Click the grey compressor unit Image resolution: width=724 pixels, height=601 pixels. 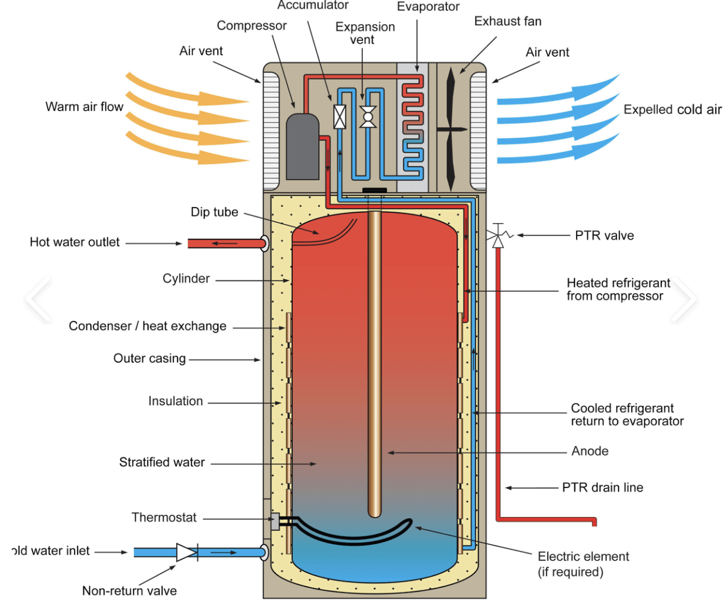coord(302,146)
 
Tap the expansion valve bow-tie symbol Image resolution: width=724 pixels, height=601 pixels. coord(368,117)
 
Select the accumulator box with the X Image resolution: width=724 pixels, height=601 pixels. coord(340,117)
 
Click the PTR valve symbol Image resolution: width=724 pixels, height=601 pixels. coord(498,236)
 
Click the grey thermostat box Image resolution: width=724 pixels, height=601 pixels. coord(274,521)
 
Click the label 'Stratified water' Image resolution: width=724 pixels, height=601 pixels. coord(161,462)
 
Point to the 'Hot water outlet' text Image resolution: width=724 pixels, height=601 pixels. coord(75,242)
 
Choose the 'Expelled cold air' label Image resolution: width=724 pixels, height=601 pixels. coord(673,109)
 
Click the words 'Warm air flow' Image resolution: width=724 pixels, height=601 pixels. coord(84,106)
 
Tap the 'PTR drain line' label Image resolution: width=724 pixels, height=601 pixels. coord(602,487)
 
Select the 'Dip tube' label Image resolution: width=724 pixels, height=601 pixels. coord(214,212)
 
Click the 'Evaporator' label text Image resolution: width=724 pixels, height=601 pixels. coord(428,7)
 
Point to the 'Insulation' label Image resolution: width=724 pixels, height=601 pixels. coord(175,401)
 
